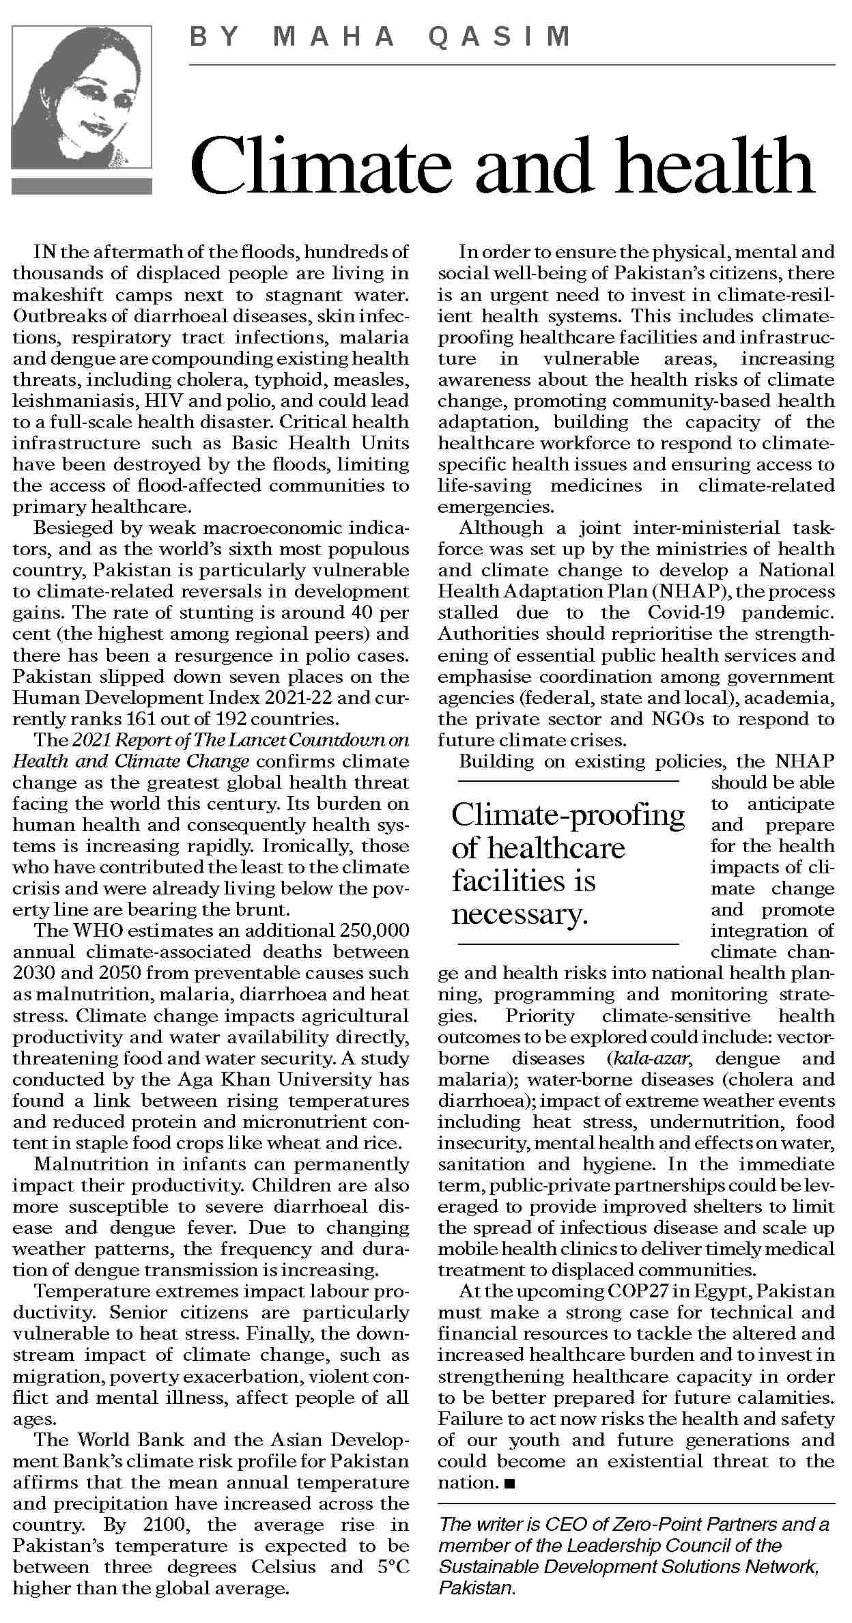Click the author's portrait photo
81,97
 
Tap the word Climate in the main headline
321,166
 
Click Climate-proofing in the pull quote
568,815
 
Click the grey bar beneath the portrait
81,186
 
